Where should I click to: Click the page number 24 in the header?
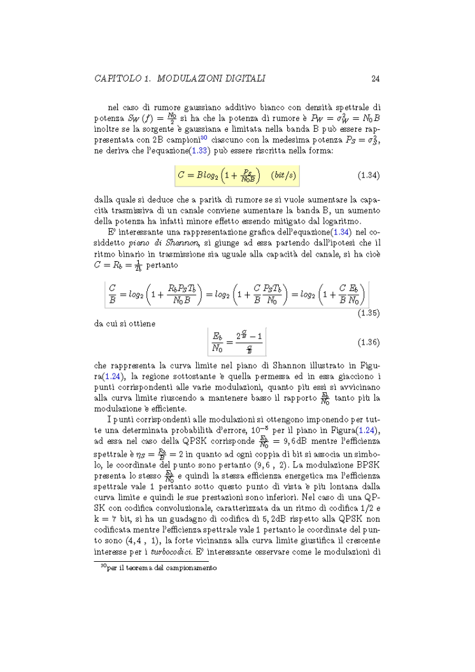point(376,79)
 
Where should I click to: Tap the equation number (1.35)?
point(365,313)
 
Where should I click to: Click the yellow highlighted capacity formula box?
point(237,175)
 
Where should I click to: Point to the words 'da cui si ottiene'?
point(124,323)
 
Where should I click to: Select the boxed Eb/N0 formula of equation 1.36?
point(236,343)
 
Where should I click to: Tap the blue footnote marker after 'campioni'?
point(203,137)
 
